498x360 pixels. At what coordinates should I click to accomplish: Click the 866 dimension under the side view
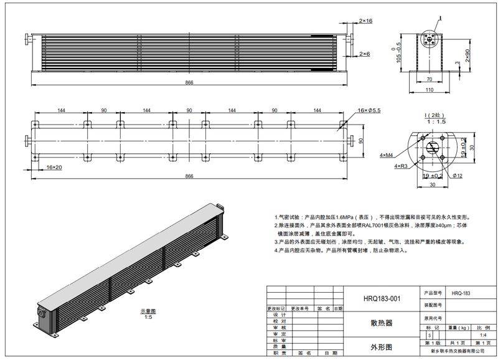tap(189, 82)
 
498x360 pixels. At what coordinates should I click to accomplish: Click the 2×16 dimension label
tap(366, 21)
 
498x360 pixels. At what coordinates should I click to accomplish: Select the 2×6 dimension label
tap(365, 54)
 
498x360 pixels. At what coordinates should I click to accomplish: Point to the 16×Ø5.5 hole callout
tap(370, 110)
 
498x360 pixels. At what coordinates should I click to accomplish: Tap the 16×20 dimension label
tap(54, 167)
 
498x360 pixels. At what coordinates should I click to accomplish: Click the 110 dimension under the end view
tap(430, 90)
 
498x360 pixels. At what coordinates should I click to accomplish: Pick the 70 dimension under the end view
tap(430, 79)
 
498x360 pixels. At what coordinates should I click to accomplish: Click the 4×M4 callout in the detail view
tap(386, 153)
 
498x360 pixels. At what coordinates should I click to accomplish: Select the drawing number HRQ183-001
tap(382, 298)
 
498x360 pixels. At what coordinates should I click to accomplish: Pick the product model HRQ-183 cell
tap(461, 292)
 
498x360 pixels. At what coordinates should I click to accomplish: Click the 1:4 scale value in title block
tap(483, 335)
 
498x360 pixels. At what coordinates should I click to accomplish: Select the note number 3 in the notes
tap(275, 241)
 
